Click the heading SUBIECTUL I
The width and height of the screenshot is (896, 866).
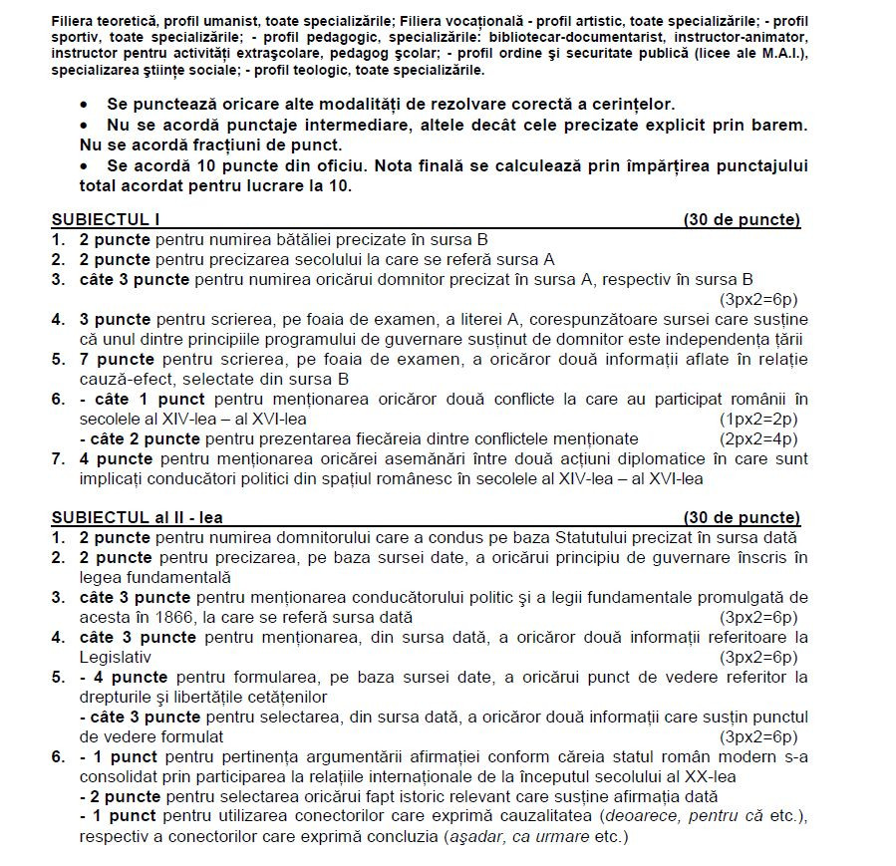pos(105,220)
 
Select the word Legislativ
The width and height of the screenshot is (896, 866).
pos(115,657)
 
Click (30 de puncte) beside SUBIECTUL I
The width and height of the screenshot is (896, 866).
pos(742,220)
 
